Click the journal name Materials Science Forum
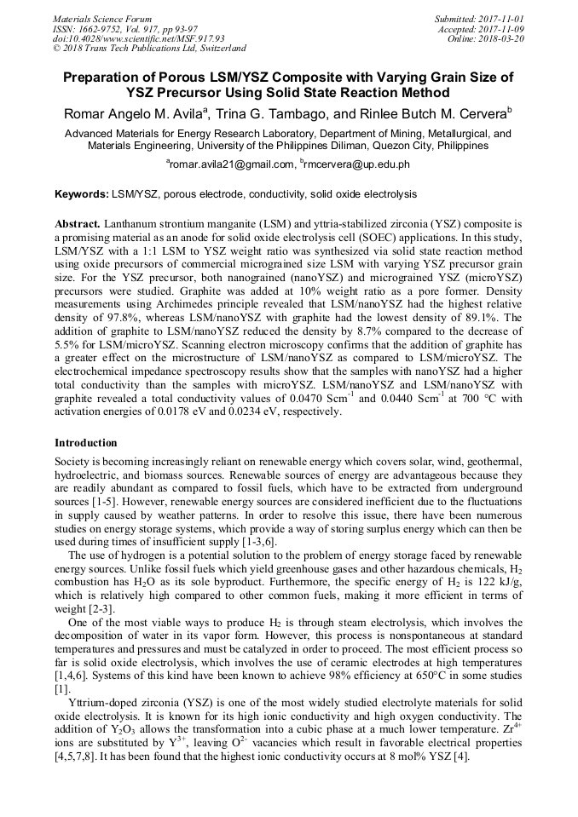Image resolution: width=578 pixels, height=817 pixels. (102, 18)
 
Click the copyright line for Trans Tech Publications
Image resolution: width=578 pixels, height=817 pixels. (149, 49)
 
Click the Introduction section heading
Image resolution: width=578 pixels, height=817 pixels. (86, 443)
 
